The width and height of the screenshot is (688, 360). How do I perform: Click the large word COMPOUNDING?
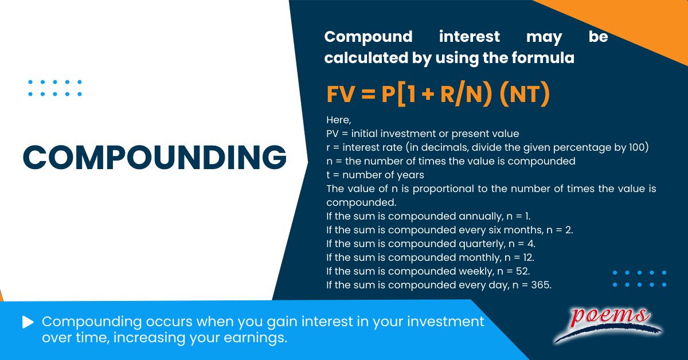[x=155, y=156]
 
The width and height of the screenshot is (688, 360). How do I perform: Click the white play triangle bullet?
[x=28, y=322]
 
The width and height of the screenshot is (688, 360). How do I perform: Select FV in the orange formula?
[x=341, y=95]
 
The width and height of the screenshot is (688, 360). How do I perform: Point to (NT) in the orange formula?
[x=525, y=95]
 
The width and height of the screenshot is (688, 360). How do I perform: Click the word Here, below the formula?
[x=338, y=120]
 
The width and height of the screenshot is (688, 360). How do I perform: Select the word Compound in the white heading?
[x=368, y=37]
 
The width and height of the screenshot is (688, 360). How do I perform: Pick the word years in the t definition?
[x=409, y=175]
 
